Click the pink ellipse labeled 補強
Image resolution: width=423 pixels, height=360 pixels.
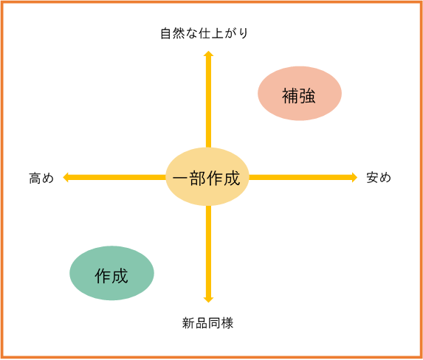pyautogui.click(x=300, y=93)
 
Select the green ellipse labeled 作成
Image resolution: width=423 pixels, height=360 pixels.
pyautogui.click(x=111, y=273)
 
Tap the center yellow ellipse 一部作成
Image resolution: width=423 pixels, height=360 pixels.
pyautogui.click(x=207, y=176)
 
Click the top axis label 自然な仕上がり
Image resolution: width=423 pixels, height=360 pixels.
pyautogui.click(x=204, y=33)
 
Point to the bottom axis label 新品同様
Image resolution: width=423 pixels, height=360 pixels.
pyautogui.click(x=207, y=323)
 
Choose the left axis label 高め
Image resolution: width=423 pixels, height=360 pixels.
pyautogui.click(x=41, y=178)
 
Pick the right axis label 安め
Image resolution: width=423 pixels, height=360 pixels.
pyautogui.click(x=379, y=178)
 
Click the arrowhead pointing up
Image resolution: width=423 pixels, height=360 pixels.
pyautogui.click(x=208, y=53)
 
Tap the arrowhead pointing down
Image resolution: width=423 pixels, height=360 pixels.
pyautogui.click(x=208, y=300)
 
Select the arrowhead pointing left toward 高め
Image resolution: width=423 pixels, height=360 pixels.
pyautogui.click(x=66, y=178)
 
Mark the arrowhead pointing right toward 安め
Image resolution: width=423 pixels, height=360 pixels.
pyautogui.click(x=354, y=178)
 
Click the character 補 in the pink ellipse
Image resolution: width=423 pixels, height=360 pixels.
pyautogui.click(x=290, y=96)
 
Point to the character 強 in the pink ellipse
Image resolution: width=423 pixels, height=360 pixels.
pyautogui.click(x=307, y=96)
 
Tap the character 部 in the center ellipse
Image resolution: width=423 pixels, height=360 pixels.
pyautogui.click(x=198, y=179)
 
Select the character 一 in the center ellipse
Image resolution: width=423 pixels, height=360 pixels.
pyautogui.click(x=181, y=179)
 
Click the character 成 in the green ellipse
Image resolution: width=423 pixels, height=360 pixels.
pyautogui.click(x=120, y=276)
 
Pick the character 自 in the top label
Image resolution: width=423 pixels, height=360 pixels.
pyautogui.click(x=166, y=34)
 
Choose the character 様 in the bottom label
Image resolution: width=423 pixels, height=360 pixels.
pyautogui.click(x=227, y=323)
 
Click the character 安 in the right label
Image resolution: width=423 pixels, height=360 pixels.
pyautogui.click(x=372, y=178)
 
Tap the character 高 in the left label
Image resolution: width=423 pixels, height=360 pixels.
pyautogui.click(x=35, y=178)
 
